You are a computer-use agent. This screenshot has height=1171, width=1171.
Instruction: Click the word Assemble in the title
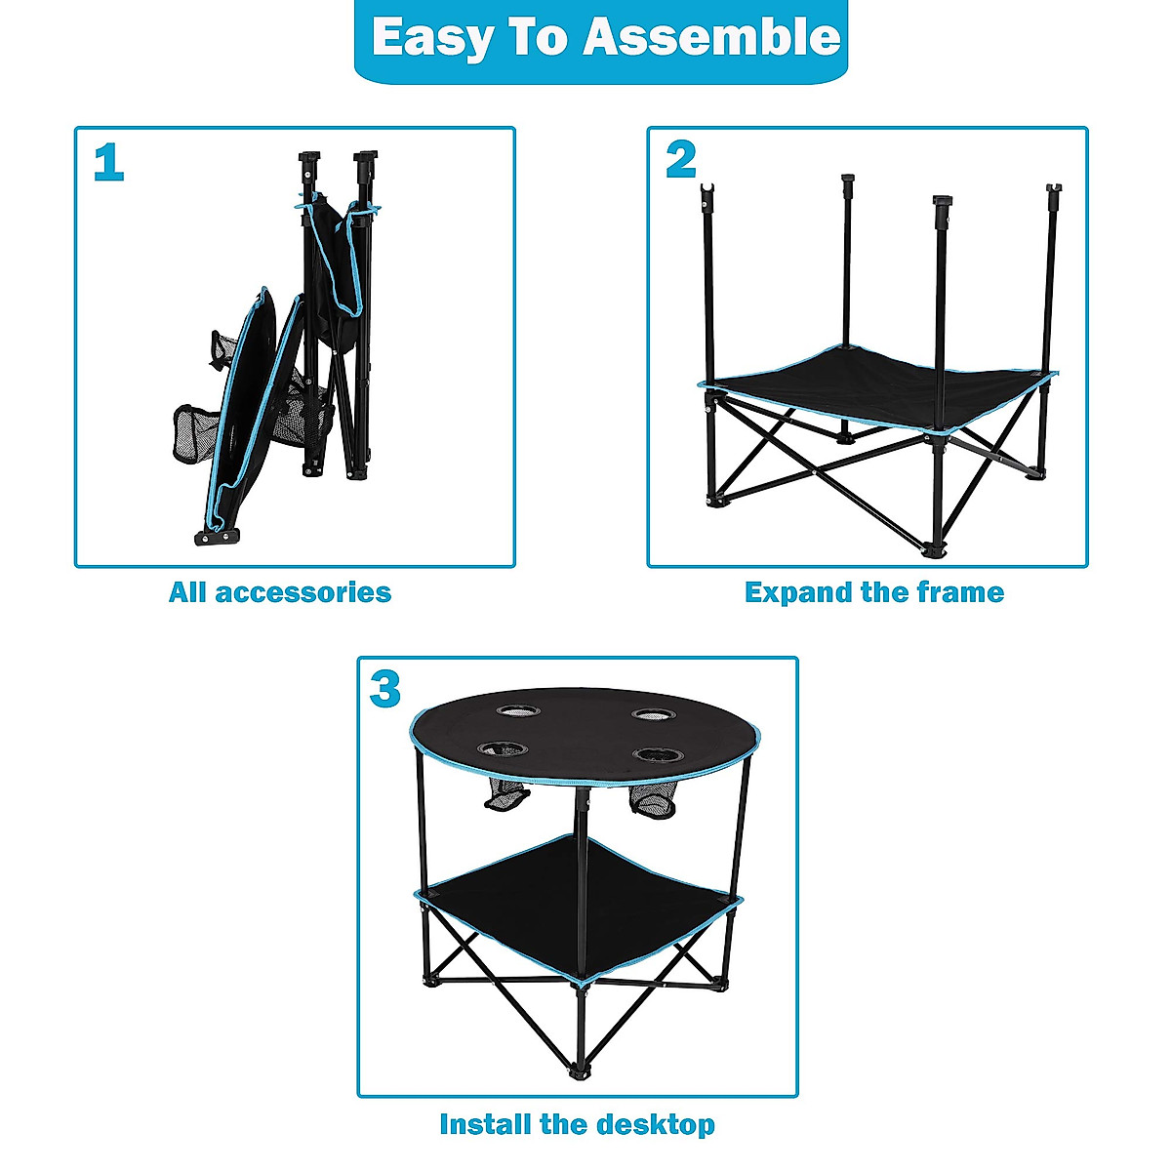[711, 38]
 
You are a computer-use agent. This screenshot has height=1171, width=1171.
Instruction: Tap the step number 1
[108, 163]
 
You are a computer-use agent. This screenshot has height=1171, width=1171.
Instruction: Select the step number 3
[385, 690]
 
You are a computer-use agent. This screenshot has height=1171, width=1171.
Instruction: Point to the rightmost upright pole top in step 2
[1053, 188]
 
